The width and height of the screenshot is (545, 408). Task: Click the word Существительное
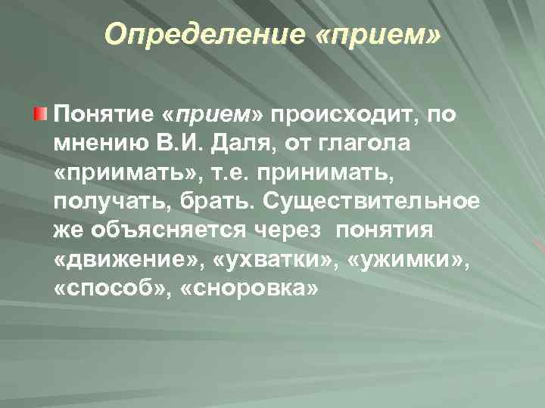point(366,201)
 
